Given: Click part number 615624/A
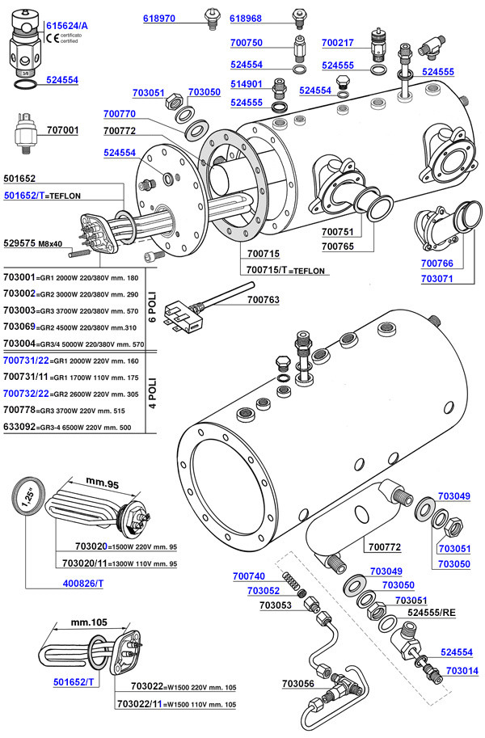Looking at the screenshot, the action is pos(67,26).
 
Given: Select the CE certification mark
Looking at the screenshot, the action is pos(53,38).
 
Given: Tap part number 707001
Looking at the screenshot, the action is pos(62,130).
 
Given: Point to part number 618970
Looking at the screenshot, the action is pos(159,19).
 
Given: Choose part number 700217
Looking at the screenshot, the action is pos(338,43).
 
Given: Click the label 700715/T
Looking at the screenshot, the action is pos(267,270).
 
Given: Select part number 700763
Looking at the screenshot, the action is pos(264,300).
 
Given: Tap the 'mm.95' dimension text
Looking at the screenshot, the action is pos(102,483).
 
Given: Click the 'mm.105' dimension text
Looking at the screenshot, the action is pos(89,622).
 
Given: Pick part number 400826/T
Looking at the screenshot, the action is pos(83,584).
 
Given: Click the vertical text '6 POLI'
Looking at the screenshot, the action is pos(152,307).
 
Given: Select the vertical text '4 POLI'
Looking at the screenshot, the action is pos(152,393).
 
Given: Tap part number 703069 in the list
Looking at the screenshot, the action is pos(19,327).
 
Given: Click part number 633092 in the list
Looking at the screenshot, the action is pos(19,427).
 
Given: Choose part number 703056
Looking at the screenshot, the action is pos(298,683).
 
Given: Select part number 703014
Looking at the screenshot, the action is pos(462,671).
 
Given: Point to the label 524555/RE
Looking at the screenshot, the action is pos(432,613).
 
